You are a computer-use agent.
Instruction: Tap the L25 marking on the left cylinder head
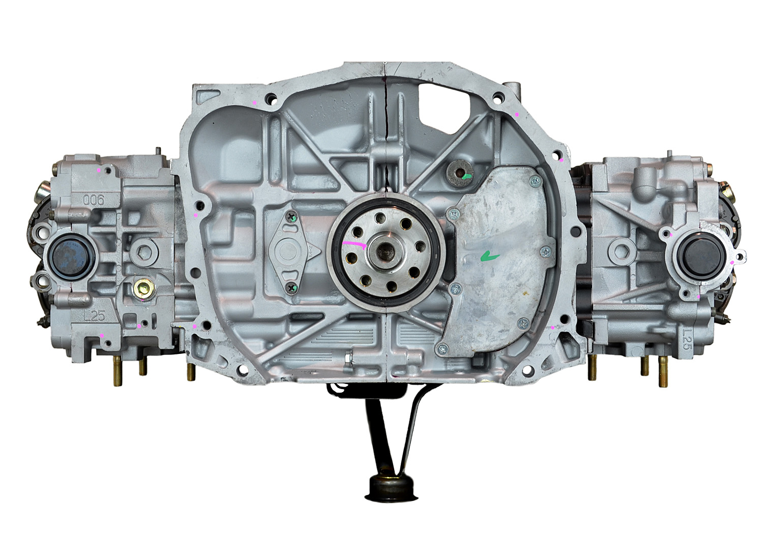(95, 316)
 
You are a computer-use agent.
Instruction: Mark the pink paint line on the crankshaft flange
(354, 244)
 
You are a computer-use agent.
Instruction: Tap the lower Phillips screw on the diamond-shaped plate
(291, 289)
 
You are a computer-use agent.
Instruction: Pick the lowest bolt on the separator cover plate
(442, 348)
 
